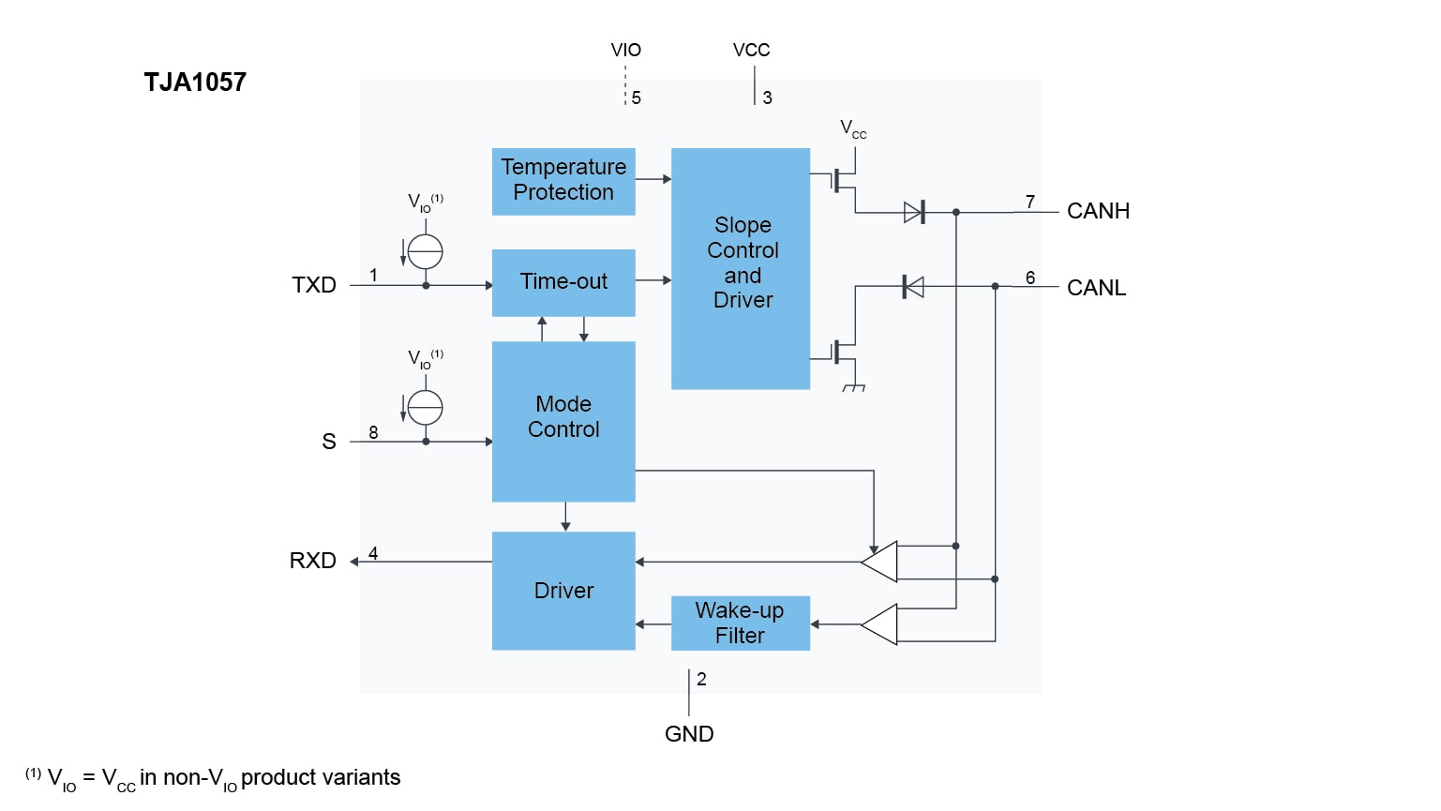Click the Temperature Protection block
click(563, 181)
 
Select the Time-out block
click(563, 282)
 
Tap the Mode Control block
click(563, 420)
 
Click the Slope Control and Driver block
click(741, 268)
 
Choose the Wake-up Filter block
click(741, 623)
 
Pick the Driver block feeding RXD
click(563, 591)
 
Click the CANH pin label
click(1098, 211)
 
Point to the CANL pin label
click(1096, 288)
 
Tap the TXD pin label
click(314, 285)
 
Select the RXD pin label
click(313, 561)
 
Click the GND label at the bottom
click(689, 734)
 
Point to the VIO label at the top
click(625, 51)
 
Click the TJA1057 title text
click(195, 83)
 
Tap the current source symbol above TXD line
click(426, 251)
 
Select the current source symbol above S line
click(426, 407)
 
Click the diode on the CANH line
click(914, 213)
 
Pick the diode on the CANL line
click(912, 287)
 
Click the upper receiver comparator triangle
click(880, 562)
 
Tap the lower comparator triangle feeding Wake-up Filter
click(880, 624)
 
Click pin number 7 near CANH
click(1030, 202)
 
